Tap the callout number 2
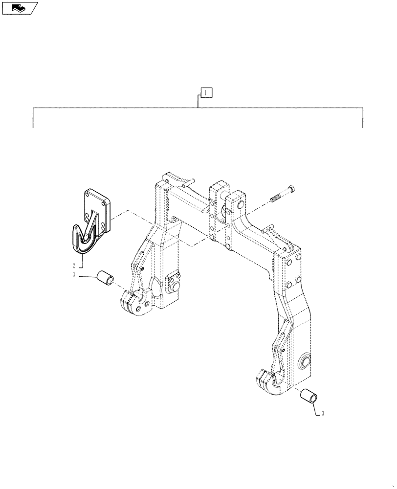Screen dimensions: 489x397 pyautogui.click(x=74, y=266)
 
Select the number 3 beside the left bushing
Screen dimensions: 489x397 pyautogui.click(x=74, y=276)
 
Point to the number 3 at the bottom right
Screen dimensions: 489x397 pyautogui.click(x=323, y=414)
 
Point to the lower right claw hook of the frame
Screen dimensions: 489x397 pyautogui.click(x=271, y=383)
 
